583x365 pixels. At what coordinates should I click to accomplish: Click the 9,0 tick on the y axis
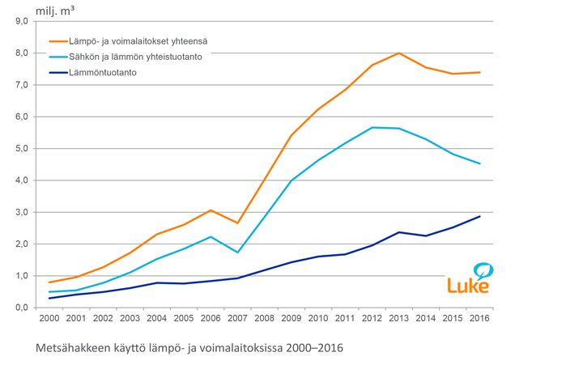pyautogui.click(x=22, y=21)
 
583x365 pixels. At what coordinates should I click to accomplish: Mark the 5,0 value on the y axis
pyautogui.click(x=22, y=149)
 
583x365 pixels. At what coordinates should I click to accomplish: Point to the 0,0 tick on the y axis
pyautogui.click(x=22, y=308)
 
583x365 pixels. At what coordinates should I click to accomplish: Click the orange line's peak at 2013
pyautogui.click(x=398, y=53)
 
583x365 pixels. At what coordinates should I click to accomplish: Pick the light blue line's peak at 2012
pyautogui.click(x=372, y=127)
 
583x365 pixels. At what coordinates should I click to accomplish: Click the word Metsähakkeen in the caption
pyautogui.click(x=74, y=348)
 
